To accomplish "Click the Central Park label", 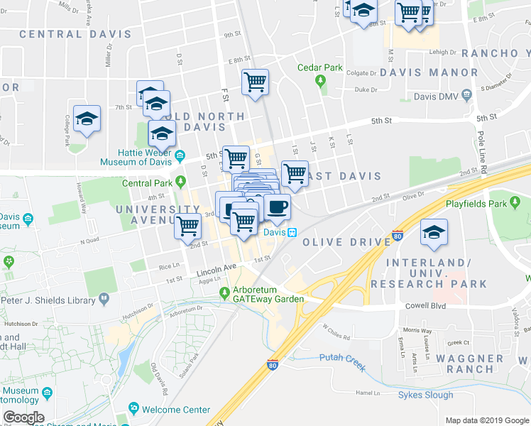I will point(148,182).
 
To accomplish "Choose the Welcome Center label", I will point(176,410).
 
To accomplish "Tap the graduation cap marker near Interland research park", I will point(434,232).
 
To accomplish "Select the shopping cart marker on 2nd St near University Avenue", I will point(188,226).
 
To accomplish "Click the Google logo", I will point(23,417).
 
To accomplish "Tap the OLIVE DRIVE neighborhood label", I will point(346,242).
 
